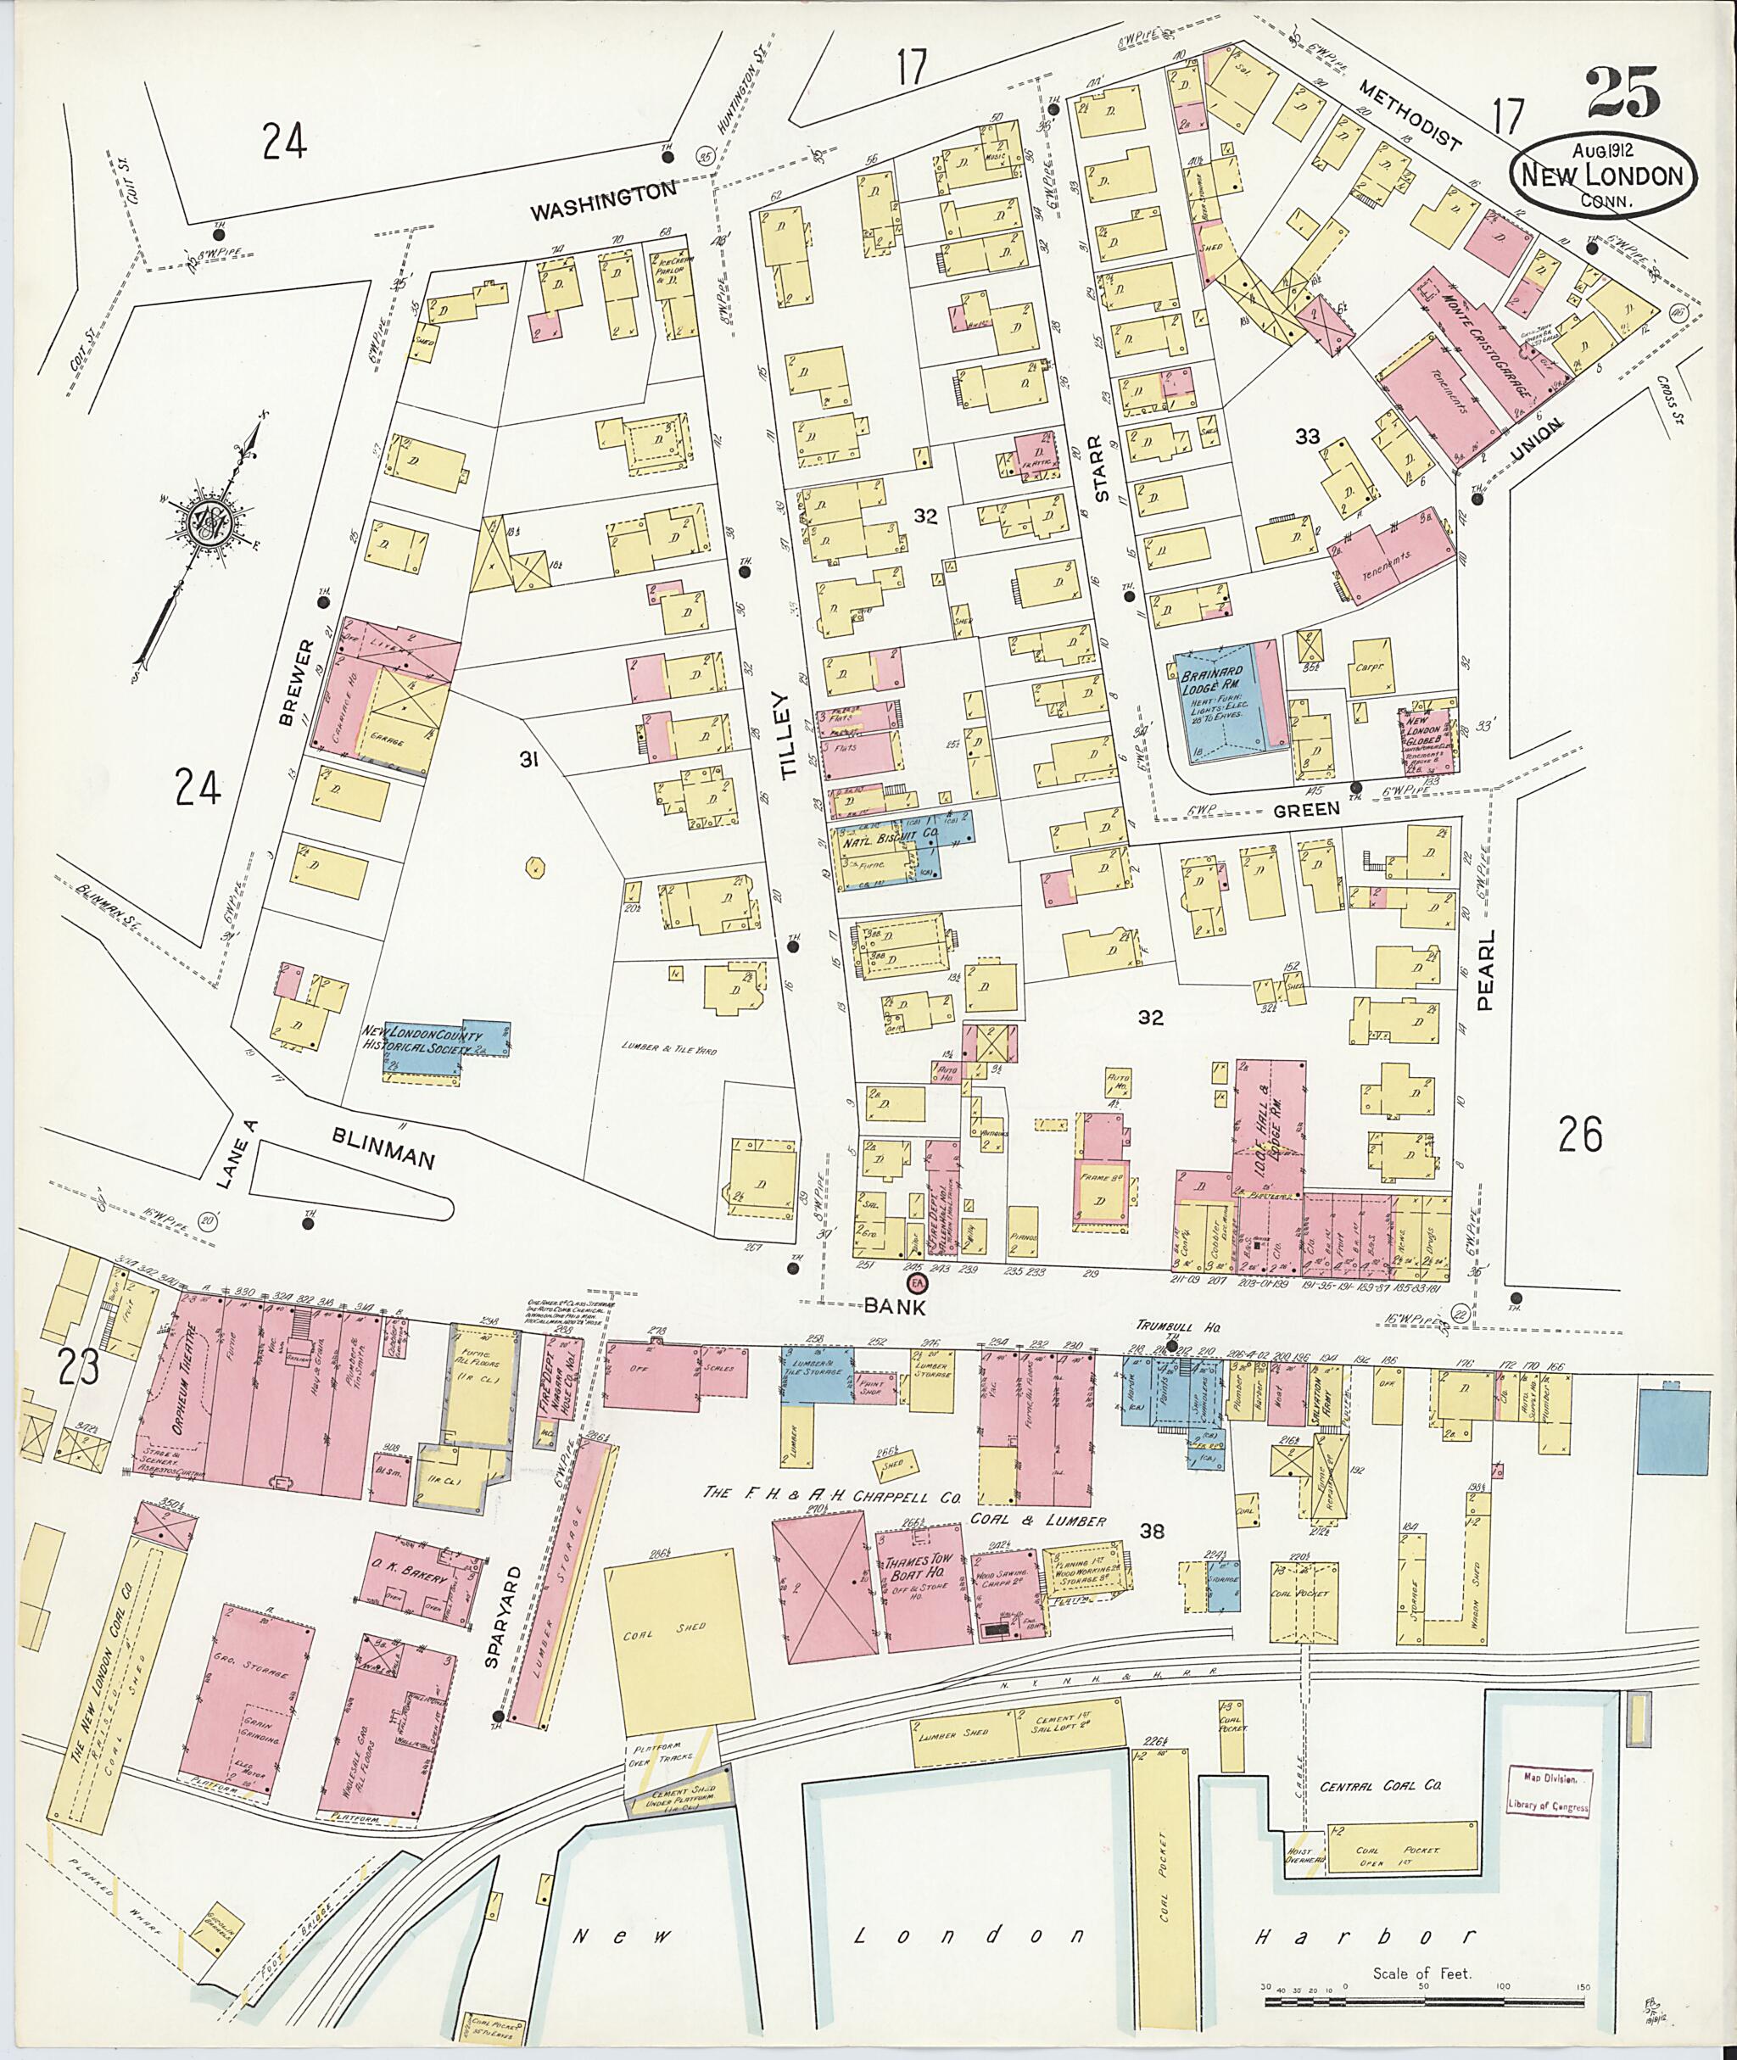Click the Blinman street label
tap(383, 1147)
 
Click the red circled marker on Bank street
tap(917, 1285)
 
